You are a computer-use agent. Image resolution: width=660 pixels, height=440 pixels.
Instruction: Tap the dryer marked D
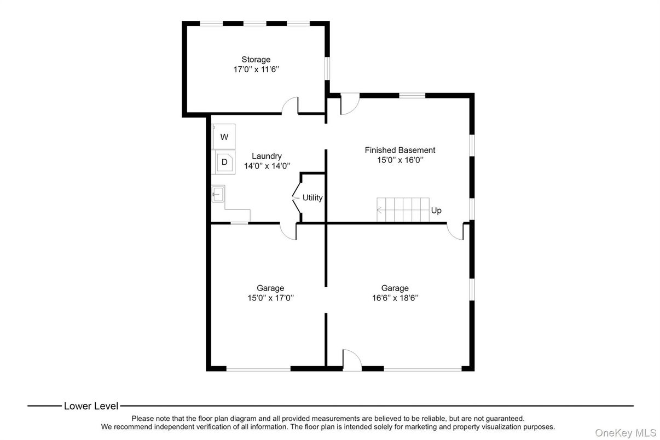[224, 163]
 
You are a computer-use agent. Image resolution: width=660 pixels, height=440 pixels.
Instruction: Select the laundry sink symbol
[218, 194]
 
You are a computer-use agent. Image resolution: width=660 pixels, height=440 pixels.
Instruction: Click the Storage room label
[256, 59]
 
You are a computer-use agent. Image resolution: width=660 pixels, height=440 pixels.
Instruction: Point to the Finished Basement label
[400, 150]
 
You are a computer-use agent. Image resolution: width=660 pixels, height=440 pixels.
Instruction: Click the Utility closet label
[312, 198]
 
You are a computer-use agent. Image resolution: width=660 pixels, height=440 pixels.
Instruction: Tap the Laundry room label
[267, 156]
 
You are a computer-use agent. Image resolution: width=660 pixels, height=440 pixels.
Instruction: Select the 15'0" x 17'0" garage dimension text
[270, 298]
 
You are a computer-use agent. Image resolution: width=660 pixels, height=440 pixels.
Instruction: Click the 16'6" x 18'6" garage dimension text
[395, 298]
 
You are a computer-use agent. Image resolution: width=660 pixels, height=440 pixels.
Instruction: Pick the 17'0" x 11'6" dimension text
[256, 70]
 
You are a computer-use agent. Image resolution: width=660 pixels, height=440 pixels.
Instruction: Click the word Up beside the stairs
[436, 211]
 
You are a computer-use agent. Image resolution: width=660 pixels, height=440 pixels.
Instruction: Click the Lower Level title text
[91, 406]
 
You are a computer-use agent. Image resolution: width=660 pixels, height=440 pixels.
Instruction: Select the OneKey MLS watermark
[626, 433]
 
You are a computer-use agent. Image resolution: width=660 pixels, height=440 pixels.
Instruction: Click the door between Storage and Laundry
[291, 106]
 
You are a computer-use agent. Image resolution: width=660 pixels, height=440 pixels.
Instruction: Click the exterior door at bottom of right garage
[352, 360]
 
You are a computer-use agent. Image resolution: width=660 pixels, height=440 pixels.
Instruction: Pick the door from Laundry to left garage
[288, 231]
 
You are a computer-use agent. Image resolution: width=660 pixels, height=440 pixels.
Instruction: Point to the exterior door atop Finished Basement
[349, 105]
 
